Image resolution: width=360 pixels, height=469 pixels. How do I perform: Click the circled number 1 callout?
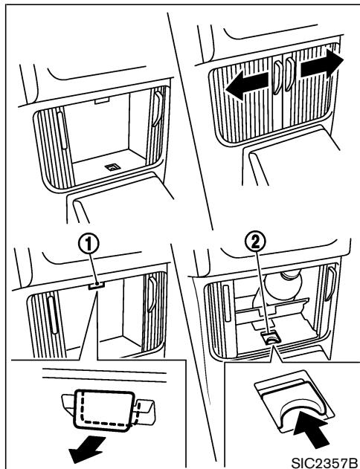tap(89, 246)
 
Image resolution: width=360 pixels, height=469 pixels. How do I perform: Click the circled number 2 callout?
tap(255, 243)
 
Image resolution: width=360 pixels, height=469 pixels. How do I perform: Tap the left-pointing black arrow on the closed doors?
tap(247, 85)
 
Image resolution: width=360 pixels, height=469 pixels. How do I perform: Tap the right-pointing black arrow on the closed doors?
tap(322, 62)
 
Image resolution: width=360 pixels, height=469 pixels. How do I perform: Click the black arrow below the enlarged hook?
tap(87, 447)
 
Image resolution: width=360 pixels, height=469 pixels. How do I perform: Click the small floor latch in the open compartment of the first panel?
tap(112, 167)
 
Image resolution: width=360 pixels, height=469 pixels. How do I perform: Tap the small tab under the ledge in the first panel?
tap(102, 100)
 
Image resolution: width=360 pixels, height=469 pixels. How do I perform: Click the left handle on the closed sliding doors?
tap(277, 77)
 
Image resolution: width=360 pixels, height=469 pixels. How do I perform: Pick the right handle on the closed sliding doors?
tap(290, 74)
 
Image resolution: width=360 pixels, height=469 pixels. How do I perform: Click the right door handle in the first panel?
tap(158, 109)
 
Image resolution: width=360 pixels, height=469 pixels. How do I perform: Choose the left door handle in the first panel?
tap(62, 130)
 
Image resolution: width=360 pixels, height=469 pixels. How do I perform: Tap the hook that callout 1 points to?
tap(97, 286)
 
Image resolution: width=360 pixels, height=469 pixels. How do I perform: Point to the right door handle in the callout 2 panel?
tap(331, 284)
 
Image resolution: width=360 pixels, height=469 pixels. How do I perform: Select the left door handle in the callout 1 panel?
tap(53, 315)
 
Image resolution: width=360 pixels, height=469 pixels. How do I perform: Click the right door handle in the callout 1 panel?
tap(152, 294)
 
